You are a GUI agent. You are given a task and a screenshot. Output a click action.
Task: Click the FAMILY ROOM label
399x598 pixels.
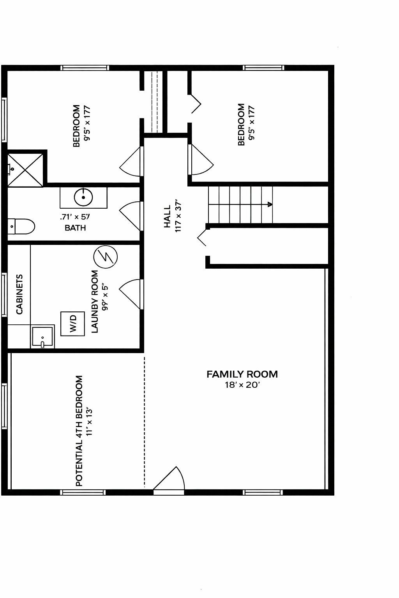pyautogui.click(x=242, y=374)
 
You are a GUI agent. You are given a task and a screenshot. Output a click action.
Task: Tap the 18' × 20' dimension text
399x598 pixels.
pyautogui.click(x=242, y=385)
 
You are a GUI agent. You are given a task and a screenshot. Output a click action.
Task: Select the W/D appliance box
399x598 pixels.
pyautogui.click(x=73, y=324)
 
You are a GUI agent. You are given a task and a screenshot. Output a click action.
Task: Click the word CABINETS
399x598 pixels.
pyautogui.click(x=19, y=294)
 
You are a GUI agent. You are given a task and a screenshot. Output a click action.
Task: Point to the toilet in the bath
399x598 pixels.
pyautogui.click(x=21, y=226)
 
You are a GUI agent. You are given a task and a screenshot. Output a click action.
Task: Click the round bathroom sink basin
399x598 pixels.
pyautogui.click(x=83, y=197)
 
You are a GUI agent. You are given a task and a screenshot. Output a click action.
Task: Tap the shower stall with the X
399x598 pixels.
pyautogui.click(x=25, y=170)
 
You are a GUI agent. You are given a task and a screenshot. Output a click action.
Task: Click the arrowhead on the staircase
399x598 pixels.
pyautogui.click(x=270, y=204)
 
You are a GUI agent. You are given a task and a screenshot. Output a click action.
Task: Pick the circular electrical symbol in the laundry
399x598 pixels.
pyautogui.click(x=106, y=257)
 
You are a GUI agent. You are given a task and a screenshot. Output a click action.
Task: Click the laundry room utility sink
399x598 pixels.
pyautogui.click(x=42, y=336)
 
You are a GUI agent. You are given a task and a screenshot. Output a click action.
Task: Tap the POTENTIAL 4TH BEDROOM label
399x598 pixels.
pyautogui.click(x=79, y=431)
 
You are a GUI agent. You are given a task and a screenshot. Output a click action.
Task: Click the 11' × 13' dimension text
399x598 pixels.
pyautogui.click(x=89, y=422)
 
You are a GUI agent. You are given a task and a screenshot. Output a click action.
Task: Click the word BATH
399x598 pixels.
pyautogui.click(x=75, y=228)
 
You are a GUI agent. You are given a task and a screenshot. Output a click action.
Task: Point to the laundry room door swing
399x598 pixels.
pyautogui.click(x=129, y=294)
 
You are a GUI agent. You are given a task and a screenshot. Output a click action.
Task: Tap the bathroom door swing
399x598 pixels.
pyautogui.click(x=129, y=216)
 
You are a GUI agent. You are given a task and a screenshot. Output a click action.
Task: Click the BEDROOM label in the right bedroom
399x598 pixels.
pyautogui.click(x=241, y=125)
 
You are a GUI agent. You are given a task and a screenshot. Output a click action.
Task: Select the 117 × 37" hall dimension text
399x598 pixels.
pyautogui.click(x=178, y=215)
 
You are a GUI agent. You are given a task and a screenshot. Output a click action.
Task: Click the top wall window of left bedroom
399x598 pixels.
pyautogui.click(x=85, y=68)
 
